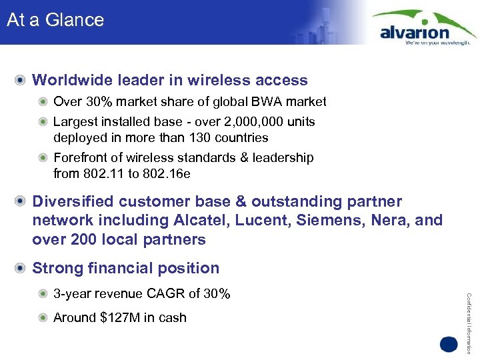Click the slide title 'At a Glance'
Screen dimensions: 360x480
pyautogui.click(x=55, y=20)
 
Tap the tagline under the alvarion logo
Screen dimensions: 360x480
pyautogui.click(x=438, y=42)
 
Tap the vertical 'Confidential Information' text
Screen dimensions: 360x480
pyautogui.click(x=469, y=313)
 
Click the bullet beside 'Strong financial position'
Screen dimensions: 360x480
pyautogui.click(x=22, y=268)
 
